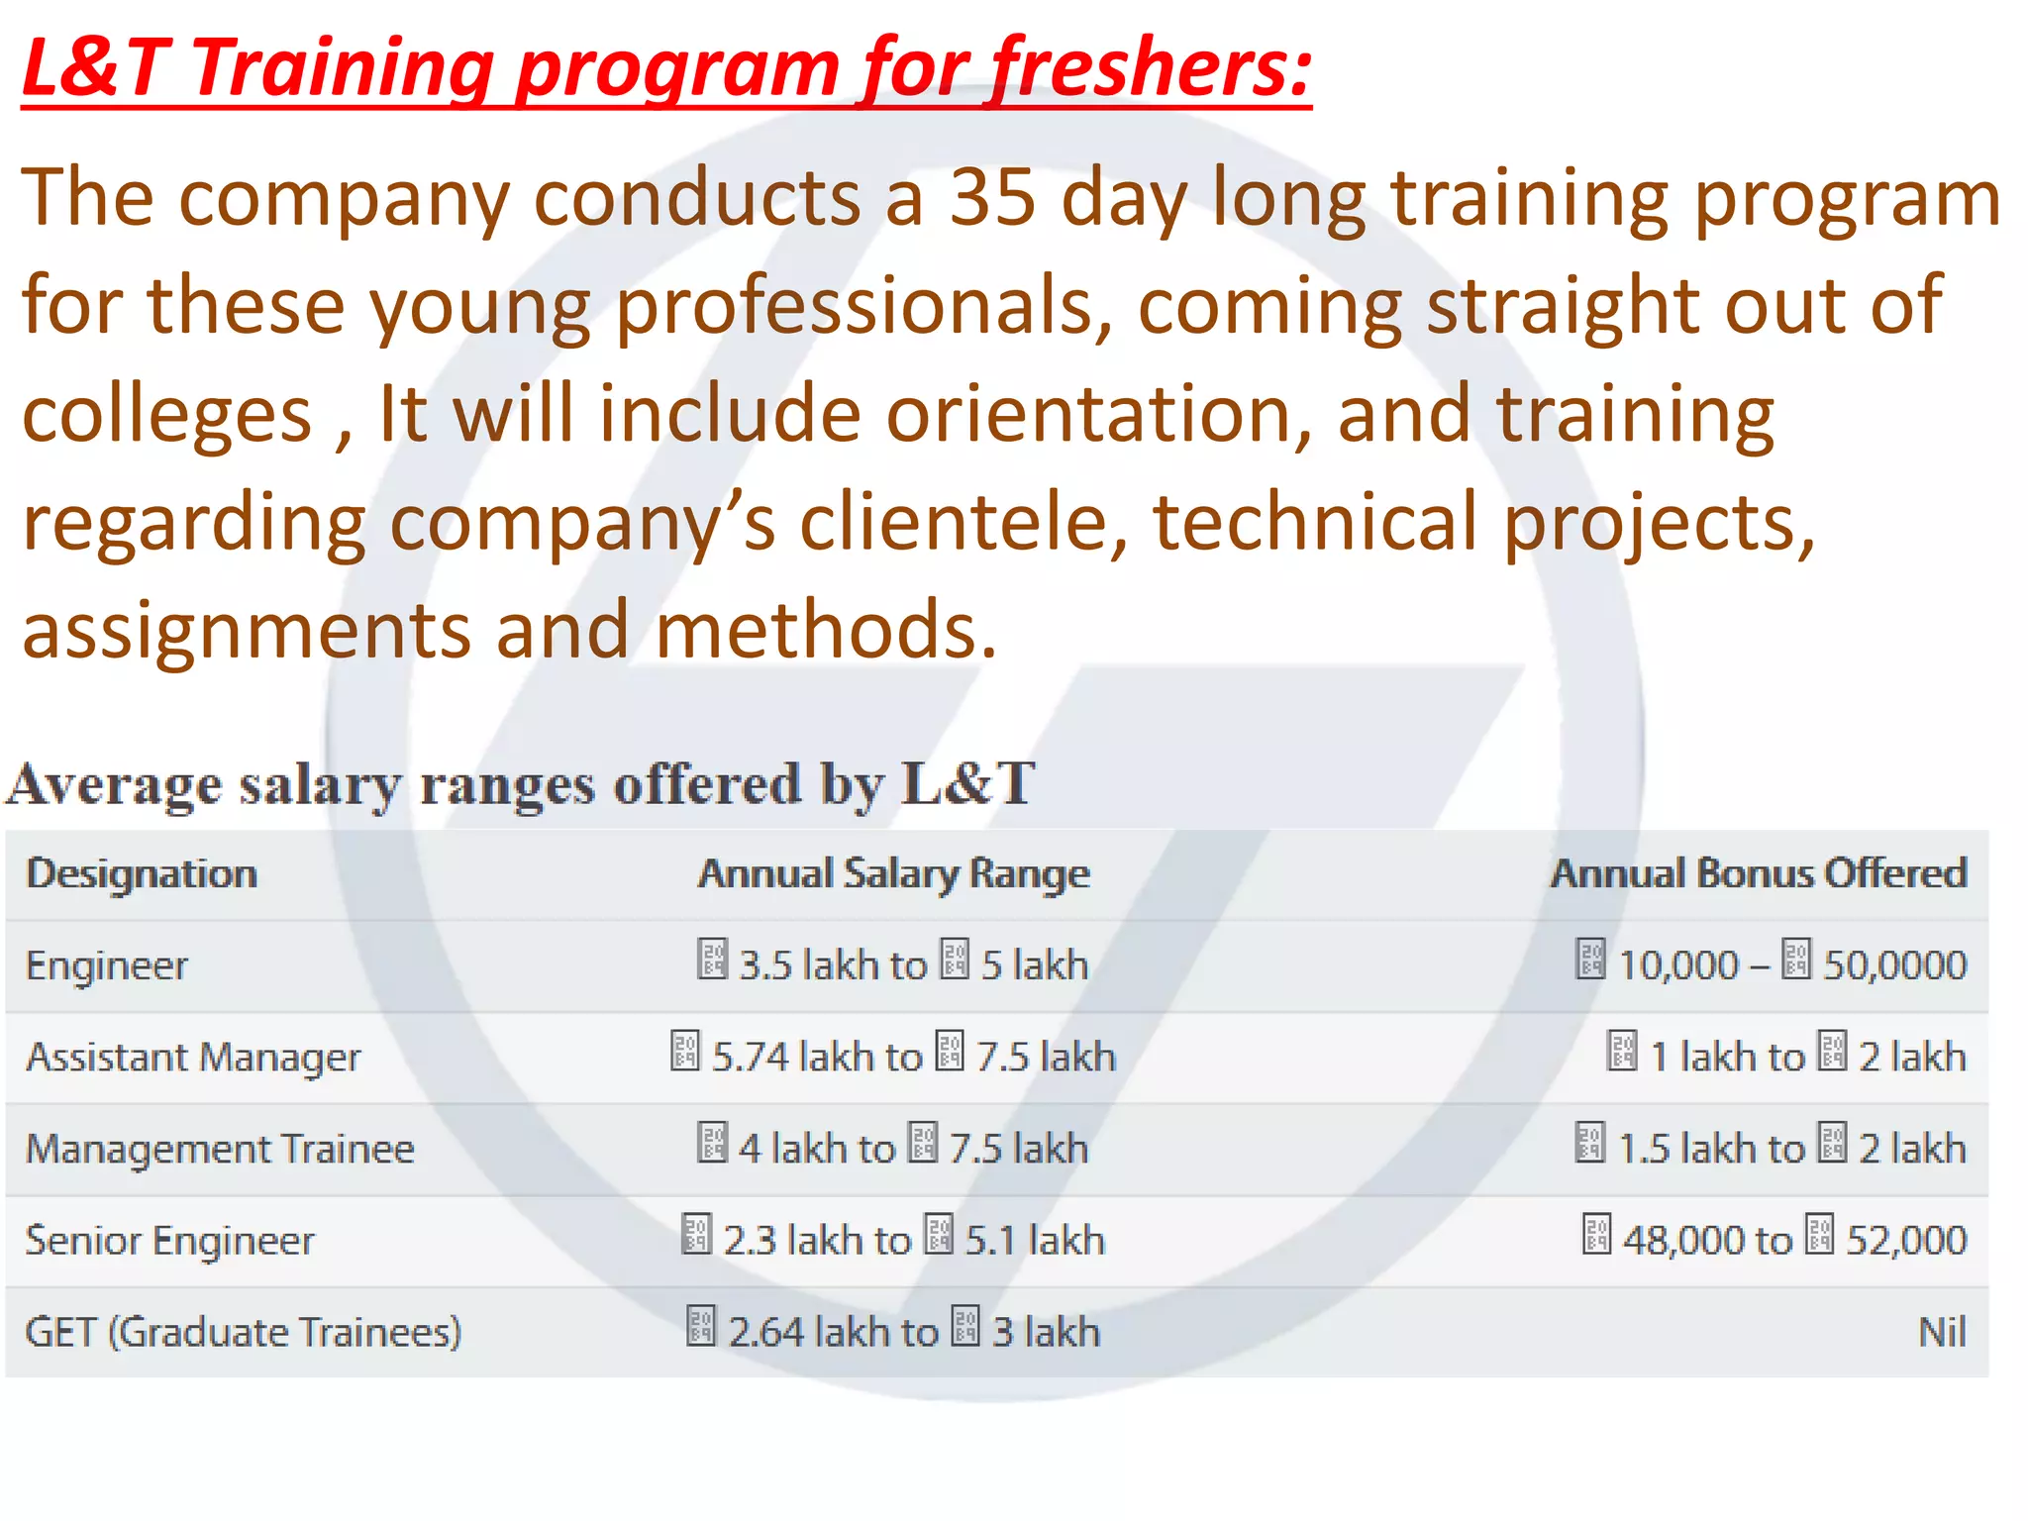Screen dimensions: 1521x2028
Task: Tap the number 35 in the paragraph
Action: [x=993, y=197]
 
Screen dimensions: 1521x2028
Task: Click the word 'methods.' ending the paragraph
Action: [x=826, y=630]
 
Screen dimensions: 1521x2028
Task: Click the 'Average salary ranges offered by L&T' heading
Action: [x=521, y=784]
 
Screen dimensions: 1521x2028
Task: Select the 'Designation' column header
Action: [x=142, y=873]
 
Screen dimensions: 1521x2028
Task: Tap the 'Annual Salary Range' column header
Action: [x=893, y=873]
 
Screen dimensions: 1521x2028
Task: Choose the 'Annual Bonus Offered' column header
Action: [x=1759, y=873]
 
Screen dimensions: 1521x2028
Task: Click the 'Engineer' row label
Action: [x=107, y=965]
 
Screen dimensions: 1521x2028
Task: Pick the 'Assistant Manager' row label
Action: [x=193, y=1057]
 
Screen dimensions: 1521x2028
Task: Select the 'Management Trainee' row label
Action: [x=220, y=1149]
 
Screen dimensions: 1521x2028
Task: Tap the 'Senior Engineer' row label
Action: [x=170, y=1240]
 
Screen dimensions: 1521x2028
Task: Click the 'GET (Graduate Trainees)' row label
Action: [x=244, y=1332]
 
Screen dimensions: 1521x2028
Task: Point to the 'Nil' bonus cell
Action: [x=1942, y=1332]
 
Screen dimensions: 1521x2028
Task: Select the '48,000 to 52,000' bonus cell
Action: [x=1774, y=1240]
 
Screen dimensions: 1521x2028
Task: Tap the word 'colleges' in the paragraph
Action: [x=167, y=413]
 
